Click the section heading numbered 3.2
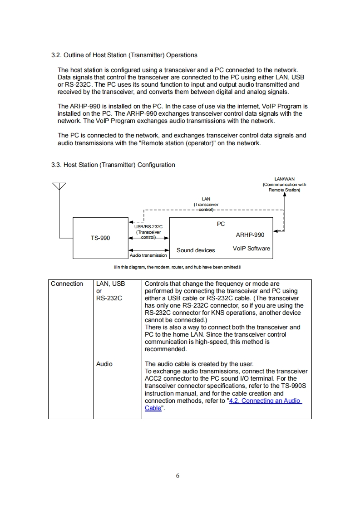124,55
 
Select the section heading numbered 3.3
113,165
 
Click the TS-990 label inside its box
100,238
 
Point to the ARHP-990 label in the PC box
250,235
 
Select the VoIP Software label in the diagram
251,248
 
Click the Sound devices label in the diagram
196,250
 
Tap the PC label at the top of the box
221,224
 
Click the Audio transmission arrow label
148,255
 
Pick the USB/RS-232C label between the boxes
149,227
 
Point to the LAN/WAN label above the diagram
285,179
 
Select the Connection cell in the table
67,284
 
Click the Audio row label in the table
104,364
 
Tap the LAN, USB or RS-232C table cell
110,291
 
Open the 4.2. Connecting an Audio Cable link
265,401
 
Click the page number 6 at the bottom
178,476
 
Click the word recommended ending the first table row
165,349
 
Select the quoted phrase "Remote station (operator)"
170,143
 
